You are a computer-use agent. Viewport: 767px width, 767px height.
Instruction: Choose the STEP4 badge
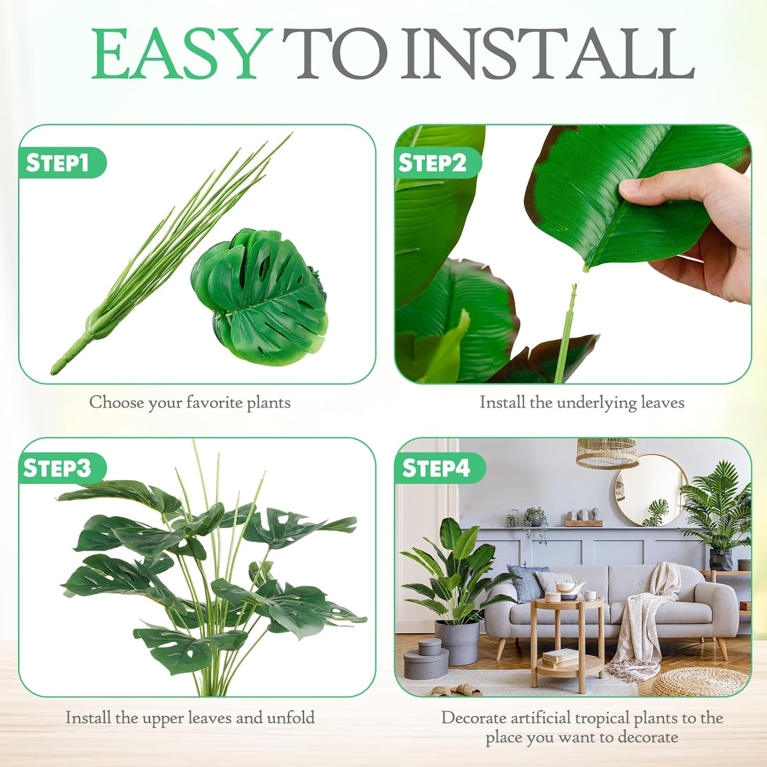[436, 468]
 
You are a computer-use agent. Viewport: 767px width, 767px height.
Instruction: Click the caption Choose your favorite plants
[190, 402]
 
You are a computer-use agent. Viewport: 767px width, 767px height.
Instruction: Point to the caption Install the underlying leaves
[581, 402]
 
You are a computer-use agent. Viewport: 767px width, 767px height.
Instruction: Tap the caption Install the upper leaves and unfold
[190, 717]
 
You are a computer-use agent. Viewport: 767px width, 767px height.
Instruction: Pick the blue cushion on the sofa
[527, 583]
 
